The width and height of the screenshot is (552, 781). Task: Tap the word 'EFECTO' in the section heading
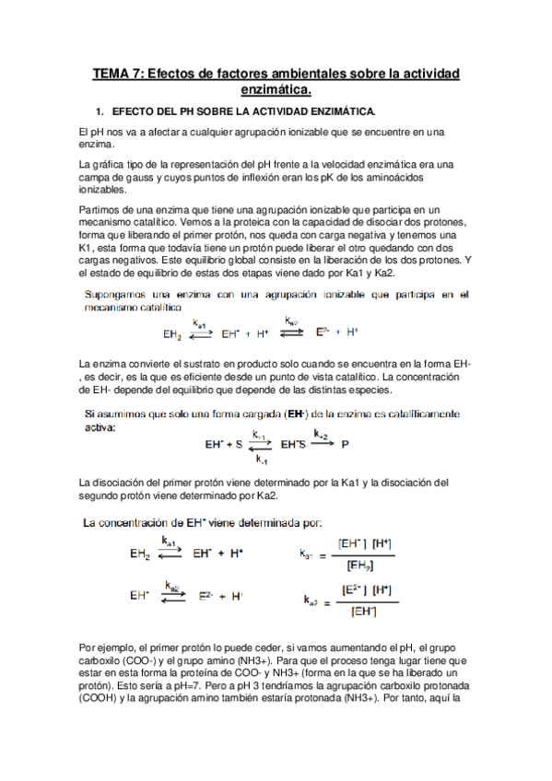[135, 112]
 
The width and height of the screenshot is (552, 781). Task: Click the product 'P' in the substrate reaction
[346, 444]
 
